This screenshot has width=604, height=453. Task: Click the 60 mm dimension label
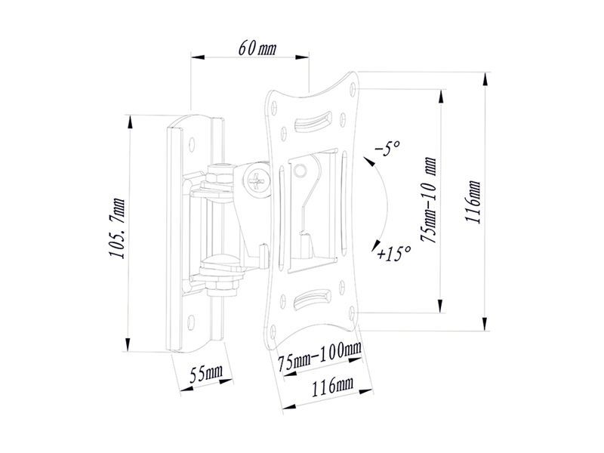[257, 50]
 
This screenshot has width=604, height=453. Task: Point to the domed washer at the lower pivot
[220, 263]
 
